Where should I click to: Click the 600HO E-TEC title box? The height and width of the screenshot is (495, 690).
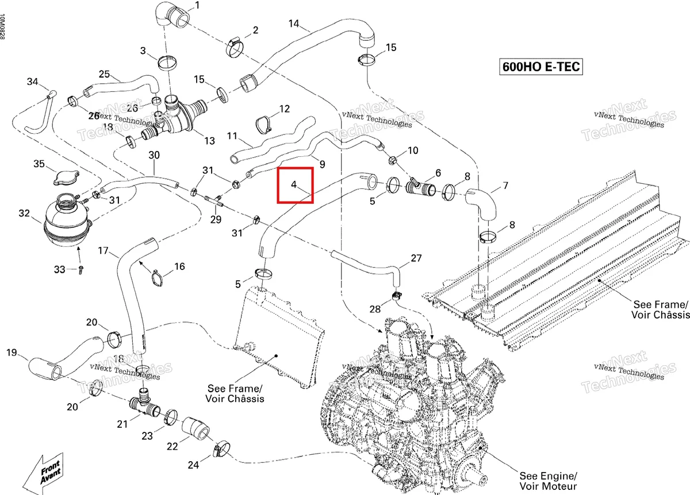[540, 67]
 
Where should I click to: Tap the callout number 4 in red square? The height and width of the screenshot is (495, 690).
[294, 184]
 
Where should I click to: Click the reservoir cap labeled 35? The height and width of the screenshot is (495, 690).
[66, 177]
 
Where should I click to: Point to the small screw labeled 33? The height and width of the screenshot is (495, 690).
[80, 270]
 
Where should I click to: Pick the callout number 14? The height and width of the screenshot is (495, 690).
[294, 24]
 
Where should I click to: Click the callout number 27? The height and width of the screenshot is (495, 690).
[416, 258]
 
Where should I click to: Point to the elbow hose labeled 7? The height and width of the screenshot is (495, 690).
[481, 204]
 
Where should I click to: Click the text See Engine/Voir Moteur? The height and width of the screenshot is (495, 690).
[548, 481]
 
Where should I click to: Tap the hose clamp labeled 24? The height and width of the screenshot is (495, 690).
[221, 449]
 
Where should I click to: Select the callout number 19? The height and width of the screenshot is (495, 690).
[11, 352]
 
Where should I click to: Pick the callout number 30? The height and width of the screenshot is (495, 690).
[154, 155]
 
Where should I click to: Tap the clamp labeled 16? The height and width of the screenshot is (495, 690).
[158, 277]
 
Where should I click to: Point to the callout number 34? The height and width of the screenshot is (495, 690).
[32, 82]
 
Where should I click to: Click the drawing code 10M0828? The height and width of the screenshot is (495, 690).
[2, 26]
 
